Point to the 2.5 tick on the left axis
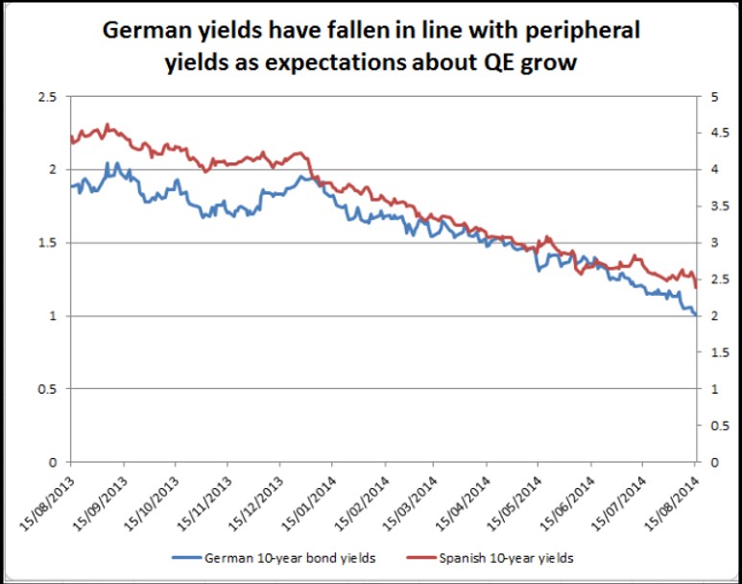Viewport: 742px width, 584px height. (x=48, y=97)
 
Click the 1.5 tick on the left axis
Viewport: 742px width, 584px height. (x=48, y=243)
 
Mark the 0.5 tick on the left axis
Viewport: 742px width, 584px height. (x=48, y=389)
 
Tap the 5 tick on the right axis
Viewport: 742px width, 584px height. (x=711, y=97)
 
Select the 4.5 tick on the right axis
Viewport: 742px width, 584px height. (x=715, y=134)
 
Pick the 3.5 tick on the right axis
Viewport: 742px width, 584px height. (x=715, y=207)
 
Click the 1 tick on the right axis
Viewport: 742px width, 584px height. (x=711, y=389)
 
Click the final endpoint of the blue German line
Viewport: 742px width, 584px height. (x=695, y=314)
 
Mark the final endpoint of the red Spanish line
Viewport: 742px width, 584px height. (x=695, y=287)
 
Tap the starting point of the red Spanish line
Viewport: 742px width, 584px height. (x=72, y=142)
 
